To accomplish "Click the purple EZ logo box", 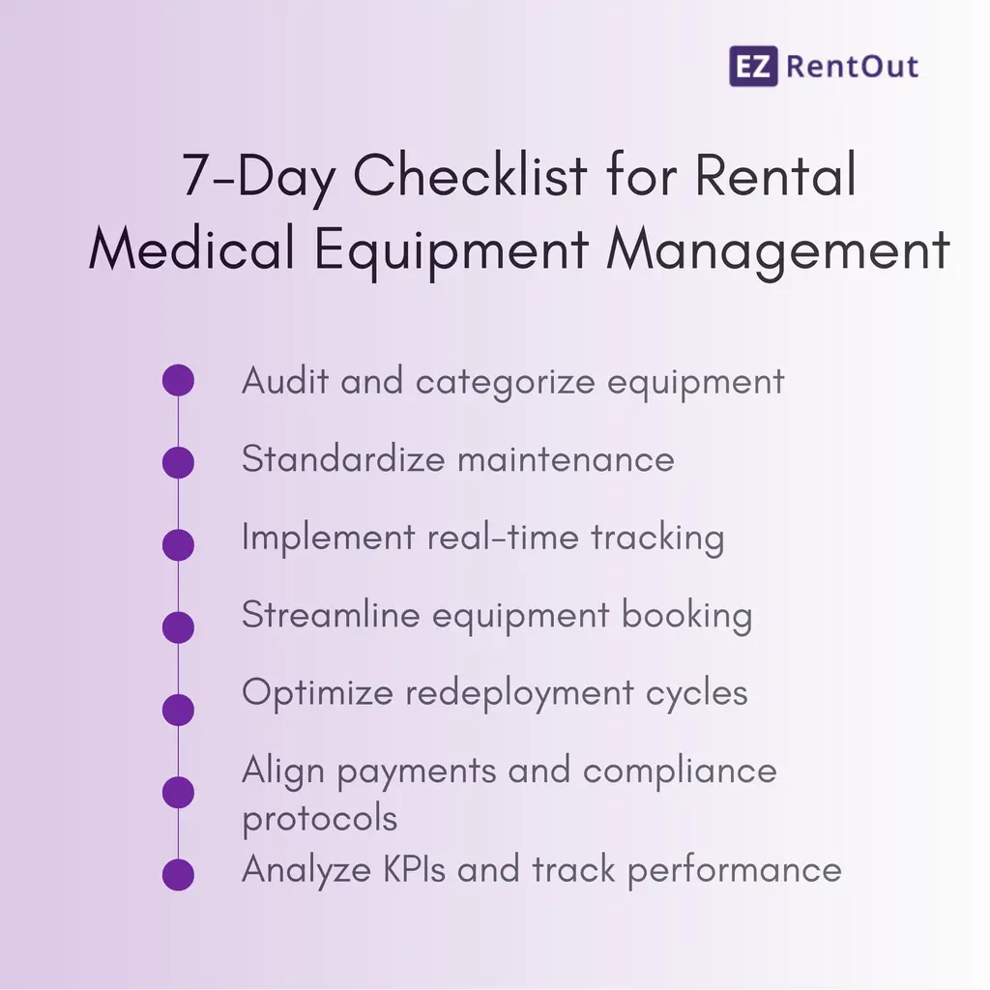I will [754, 67].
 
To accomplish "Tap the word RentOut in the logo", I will [853, 67].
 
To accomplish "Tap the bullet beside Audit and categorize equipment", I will [178, 381].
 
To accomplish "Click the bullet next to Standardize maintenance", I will [178, 462].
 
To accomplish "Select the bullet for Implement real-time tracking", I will [178, 544].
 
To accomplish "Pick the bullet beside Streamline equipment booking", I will [178, 627].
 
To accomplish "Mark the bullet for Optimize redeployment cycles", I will [178, 710].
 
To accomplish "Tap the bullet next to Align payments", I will [178, 792].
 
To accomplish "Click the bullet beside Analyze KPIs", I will [178, 874].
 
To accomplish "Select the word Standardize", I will [342, 458].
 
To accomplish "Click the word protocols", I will [319, 819].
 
